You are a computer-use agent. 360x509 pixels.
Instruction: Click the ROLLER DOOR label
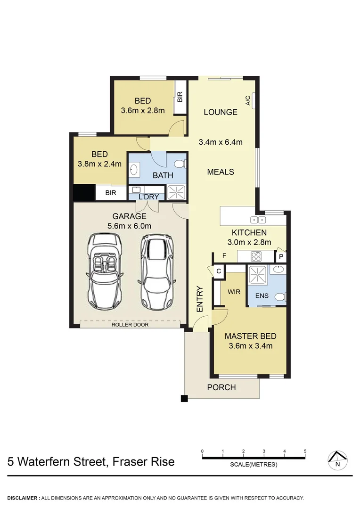click(x=130, y=325)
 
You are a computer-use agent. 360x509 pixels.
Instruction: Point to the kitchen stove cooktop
click(x=256, y=256)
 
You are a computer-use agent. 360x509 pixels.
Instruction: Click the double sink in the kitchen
click(x=258, y=219)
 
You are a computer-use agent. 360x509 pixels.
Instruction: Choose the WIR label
click(x=234, y=292)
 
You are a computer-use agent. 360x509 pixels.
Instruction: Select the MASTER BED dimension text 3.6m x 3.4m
click(x=250, y=345)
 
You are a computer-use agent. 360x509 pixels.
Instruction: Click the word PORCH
click(x=221, y=387)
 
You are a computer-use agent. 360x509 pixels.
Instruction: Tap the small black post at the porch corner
click(x=184, y=399)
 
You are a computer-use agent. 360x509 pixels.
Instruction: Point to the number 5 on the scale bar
click(x=305, y=452)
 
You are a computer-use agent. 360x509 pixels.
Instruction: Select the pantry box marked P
click(x=281, y=256)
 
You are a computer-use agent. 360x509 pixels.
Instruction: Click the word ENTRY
click(x=200, y=299)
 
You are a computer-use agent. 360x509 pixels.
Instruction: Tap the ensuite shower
click(x=258, y=273)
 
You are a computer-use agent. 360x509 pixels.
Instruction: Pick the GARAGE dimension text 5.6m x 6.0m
click(x=129, y=226)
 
